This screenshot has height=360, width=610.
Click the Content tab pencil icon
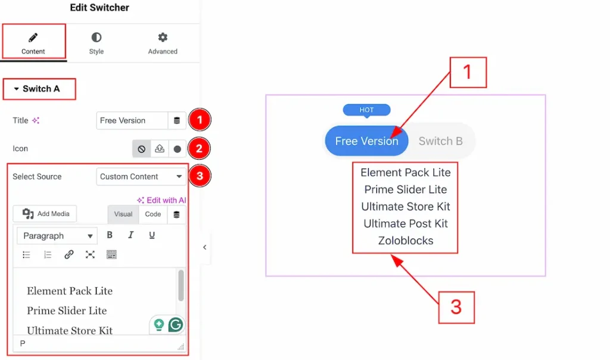[33, 38]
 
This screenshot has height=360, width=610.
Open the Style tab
[96, 43]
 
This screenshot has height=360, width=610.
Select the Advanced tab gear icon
[163, 38]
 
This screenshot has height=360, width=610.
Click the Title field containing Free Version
[132, 120]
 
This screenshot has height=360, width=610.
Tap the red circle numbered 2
[199, 148]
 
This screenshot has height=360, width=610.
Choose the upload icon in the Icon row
[160, 148]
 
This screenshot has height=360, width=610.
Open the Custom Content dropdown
[141, 176]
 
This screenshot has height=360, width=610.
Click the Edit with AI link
[161, 200]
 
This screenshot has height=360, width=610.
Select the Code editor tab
[153, 214]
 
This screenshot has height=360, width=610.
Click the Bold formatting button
[110, 235]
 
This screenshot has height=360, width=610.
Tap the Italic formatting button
[130, 235]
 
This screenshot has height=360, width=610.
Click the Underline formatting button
[152, 235]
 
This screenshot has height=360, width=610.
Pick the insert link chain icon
[69, 255]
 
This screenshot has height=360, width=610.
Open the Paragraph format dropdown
[57, 236]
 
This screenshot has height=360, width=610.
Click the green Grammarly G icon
[176, 325]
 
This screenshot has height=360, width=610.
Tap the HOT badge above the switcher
[366, 110]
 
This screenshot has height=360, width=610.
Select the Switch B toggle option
[440, 141]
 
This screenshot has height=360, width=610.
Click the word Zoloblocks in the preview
[405, 241]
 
